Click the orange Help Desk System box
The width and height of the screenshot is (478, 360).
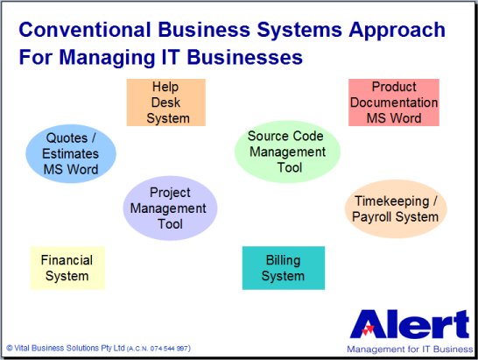point(165,102)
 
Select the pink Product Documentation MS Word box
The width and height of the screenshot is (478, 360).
point(394,102)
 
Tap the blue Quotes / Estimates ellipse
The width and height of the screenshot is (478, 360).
point(71,153)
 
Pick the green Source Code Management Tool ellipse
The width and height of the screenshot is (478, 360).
point(287,152)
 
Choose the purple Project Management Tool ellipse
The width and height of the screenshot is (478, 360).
point(170,208)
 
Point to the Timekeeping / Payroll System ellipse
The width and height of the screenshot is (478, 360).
point(396,209)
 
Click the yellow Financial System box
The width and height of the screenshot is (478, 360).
point(67,268)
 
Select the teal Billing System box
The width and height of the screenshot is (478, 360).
point(284,268)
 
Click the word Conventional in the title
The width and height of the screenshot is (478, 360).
point(85,30)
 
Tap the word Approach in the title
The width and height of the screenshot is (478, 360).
point(397,31)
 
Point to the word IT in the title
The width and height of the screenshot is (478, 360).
point(170,57)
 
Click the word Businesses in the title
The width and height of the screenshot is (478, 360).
point(245,57)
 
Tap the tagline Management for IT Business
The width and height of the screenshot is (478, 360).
point(410,349)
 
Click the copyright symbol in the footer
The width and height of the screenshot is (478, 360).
point(10,348)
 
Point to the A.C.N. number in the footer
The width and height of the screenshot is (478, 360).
point(158,349)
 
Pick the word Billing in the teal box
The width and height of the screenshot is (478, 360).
point(283,260)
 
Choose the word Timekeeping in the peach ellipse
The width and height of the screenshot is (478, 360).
point(392,201)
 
